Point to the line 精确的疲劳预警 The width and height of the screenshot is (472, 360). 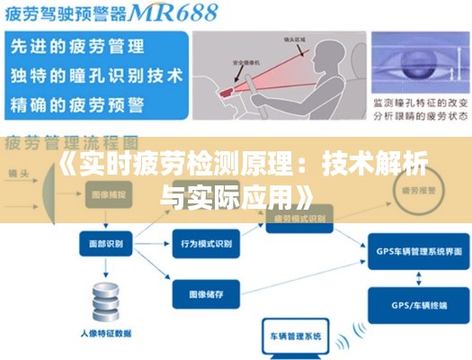[x=76, y=103]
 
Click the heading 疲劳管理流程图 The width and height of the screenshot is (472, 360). [x=72, y=142]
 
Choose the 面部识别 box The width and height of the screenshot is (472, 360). [x=106, y=243]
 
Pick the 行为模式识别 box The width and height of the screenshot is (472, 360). [x=206, y=244]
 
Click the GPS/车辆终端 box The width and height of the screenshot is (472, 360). [x=418, y=305]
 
